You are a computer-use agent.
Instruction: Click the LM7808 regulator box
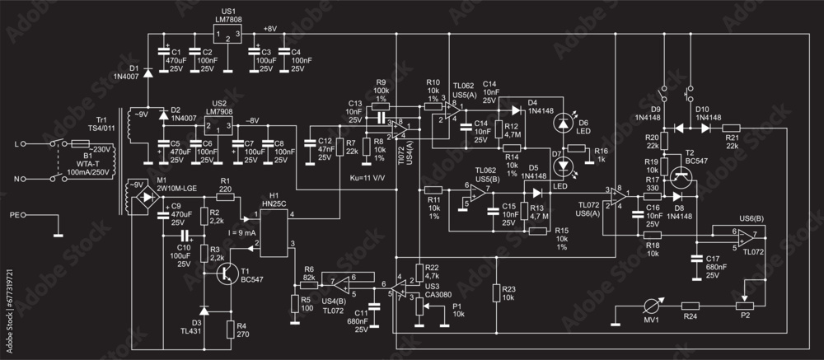point(225,35)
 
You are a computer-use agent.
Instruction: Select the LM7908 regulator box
point(218,127)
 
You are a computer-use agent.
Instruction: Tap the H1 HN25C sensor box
point(278,232)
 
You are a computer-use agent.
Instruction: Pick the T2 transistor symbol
point(681,175)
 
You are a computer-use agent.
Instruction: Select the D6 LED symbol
point(563,124)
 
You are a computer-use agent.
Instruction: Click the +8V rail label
point(270,28)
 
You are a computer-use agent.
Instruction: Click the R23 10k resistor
point(497,293)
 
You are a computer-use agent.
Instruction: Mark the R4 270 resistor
point(228,330)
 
